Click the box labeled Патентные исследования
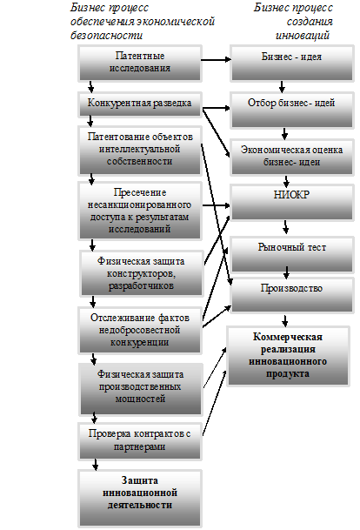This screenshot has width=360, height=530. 140,64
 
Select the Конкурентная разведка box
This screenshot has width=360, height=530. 140,104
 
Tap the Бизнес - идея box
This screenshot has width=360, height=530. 292,64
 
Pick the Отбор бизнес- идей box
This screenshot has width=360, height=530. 292,111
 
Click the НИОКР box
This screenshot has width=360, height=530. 292,203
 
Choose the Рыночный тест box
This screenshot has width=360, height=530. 292,254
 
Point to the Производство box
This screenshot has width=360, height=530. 292,295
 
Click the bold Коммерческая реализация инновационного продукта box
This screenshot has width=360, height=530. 288,356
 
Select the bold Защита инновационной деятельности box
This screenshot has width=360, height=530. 140,498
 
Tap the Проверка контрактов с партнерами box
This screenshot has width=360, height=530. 140,441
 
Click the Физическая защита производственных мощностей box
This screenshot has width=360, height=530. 141,389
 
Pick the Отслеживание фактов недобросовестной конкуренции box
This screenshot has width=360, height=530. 140,330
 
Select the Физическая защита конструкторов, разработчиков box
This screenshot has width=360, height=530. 142,273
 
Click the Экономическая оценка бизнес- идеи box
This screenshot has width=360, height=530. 292,157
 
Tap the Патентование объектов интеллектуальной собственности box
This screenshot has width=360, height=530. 140,151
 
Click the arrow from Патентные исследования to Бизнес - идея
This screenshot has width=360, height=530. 216,60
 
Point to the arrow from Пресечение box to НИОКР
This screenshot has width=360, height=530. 217,205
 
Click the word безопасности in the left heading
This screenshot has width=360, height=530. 107,35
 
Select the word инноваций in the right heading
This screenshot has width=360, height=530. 303,35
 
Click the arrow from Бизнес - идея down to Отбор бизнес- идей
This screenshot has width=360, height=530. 282,87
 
